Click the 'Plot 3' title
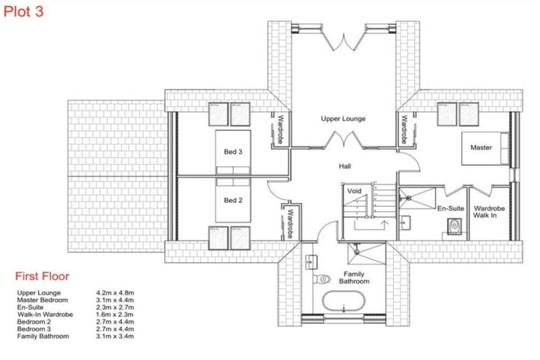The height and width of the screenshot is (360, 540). (24, 12)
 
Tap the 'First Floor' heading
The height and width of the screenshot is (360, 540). (42, 276)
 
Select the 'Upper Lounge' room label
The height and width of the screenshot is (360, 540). (343, 119)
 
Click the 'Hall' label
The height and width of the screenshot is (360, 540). (345, 167)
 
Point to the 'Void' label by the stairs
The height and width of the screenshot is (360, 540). (354, 191)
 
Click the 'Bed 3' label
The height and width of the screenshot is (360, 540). (233, 152)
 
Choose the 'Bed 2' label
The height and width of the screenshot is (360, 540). (233, 200)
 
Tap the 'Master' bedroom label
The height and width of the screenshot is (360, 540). (481, 148)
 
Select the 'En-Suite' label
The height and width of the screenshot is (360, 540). (450, 209)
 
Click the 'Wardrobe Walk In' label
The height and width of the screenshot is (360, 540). (489, 212)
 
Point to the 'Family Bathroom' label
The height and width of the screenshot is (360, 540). (354, 278)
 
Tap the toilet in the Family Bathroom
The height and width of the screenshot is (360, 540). (321, 279)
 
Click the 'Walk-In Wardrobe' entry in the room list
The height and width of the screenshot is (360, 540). (45, 315)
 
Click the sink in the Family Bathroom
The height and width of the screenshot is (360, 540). (310, 261)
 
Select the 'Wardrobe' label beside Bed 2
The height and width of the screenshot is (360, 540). (290, 223)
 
